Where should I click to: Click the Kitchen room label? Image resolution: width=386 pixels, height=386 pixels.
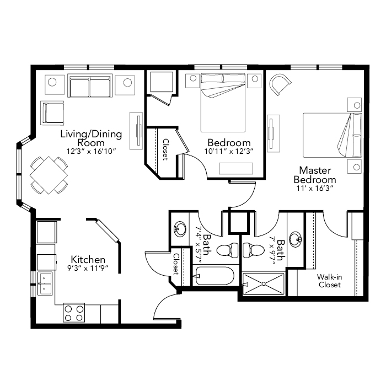pyautogui.click(x=88, y=260)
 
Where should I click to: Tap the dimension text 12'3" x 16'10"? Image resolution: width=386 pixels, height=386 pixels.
pyautogui.click(x=91, y=151)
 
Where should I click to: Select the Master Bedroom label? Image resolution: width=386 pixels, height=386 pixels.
pyautogui.click(x=315, y=175)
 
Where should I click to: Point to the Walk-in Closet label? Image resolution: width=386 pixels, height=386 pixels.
pyautogui.click(x=329, y=281)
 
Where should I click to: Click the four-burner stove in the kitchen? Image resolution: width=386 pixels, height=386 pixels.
pyautogui.click(x=74, y=313)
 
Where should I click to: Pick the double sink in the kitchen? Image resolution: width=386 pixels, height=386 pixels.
pyautogui.click(x=45, y=283)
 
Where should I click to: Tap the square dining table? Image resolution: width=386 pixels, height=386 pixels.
pyautogui.click(x=49, y=175)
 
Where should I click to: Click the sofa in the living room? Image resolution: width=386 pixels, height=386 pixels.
pyautogui.click(x=90, y=85)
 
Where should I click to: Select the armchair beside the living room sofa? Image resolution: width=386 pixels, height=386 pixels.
pyautogui.click(x=52, y=112)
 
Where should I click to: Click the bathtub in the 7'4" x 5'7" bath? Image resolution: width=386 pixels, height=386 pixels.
pyautogui.click(x=216, y=276)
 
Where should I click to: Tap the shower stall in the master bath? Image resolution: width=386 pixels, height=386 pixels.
pyautogui.click(x=264, y=283)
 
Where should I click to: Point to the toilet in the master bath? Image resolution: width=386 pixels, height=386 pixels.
pyautogui.click(x=251, y=250)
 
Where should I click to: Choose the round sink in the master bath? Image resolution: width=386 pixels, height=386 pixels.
pyautogui.click(x=296, y=238)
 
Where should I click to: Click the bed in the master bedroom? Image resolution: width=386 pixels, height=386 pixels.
pyautogui.click(x=333, y=135)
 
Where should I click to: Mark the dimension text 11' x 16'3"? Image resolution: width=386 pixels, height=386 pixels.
pyautogui.click(x=315, y=189)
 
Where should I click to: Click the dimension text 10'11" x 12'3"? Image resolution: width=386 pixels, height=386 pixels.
pyautogui.click(x=229, y=151)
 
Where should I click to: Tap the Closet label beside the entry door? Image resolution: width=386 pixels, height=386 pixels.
pyautogui.click(x=176, y=264)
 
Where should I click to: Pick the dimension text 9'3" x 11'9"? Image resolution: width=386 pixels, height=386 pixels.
pyautogui.click(x=88, y=268)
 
